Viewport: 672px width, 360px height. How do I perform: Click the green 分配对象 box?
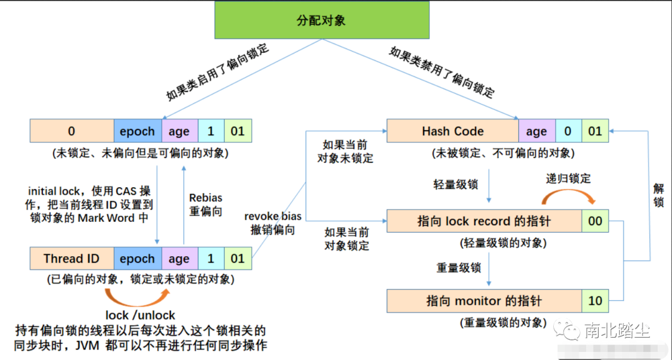(x=320, y=21)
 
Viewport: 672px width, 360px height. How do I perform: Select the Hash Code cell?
(x=452, y=131)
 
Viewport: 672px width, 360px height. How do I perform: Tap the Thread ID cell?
(x=72, y=259)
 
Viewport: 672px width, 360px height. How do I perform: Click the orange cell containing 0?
(x=72, y=131)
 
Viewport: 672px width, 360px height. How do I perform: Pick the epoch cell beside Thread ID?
(x=137, y=259)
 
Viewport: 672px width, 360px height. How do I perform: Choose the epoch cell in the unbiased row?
(x=137, y=131)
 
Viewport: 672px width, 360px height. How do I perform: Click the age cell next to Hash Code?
(x=536, y=131)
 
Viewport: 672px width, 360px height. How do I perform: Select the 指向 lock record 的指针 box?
(x=483, y=221)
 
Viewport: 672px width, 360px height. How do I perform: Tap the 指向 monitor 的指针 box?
(x=483, y=301)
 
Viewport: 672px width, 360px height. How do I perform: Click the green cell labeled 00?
(x=595, y=221)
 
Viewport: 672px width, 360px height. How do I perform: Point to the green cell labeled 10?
(x=595, y=301)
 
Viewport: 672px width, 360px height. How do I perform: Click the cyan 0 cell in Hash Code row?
(x=567, y=131)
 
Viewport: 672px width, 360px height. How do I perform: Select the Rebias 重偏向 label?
(x=205, y=205)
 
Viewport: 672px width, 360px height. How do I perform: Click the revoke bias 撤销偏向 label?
(x=273, y=223)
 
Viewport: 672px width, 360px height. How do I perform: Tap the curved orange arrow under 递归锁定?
(x=569, y=196)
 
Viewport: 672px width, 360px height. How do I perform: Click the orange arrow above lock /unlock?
(x=138, y=295)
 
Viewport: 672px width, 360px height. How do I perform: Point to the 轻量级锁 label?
(x=455, y=185)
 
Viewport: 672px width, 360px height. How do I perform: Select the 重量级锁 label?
(x=458, y=268)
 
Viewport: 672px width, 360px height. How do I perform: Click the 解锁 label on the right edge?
(x=658, y=194)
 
